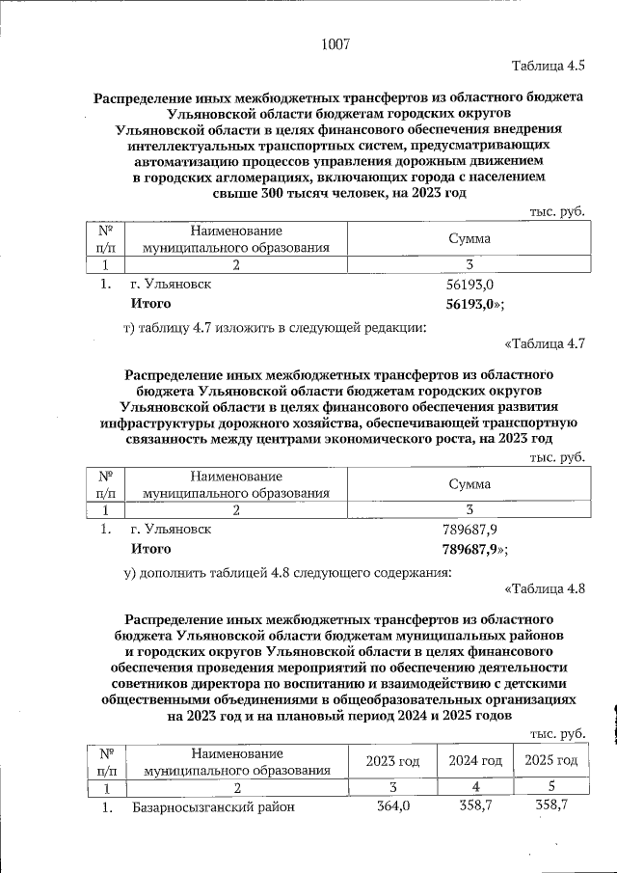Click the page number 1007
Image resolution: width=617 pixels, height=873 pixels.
[335, 43]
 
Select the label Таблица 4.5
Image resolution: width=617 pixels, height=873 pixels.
[549, 66]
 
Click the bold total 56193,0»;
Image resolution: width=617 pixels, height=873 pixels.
[476, 305]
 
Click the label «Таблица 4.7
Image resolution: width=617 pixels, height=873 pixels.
[545, 343]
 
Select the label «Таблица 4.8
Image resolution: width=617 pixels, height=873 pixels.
[545, 587]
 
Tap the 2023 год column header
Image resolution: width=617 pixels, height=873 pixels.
[392, 761]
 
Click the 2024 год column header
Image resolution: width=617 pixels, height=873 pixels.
[475, 761]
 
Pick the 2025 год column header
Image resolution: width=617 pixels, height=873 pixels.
[550, 761]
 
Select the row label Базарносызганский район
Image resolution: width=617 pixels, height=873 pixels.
[213, 807]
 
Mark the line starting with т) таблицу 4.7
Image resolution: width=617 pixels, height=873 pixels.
[275, 326]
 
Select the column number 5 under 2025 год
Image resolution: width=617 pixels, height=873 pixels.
[550, 788]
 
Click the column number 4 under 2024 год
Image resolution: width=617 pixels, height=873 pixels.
[475, 788]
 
